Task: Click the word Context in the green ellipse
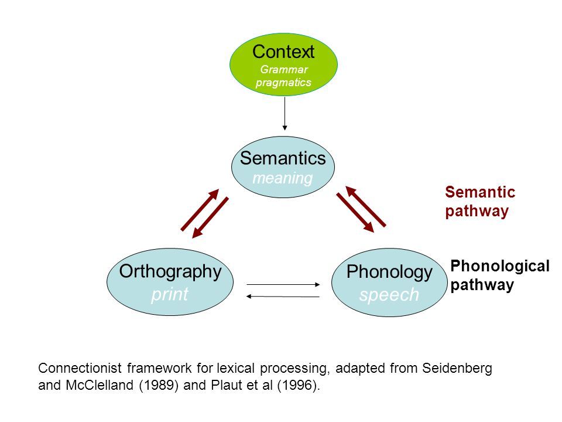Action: (283, 52)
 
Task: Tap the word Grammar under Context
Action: (283, 70)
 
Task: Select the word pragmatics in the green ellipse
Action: (283, 83)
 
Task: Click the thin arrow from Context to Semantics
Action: (285, 113)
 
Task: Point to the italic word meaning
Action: (282, 178)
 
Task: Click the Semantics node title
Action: (283, 158)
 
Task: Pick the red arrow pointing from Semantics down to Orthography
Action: (210, 217)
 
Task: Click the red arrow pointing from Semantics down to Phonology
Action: (355, 212)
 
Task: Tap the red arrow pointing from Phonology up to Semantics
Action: (366, 206)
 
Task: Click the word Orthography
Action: (170, 271)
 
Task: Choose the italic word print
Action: (169, 294)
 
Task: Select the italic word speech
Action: (389, 295)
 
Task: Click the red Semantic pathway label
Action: (479, 202)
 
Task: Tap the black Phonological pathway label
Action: (499, 275)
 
